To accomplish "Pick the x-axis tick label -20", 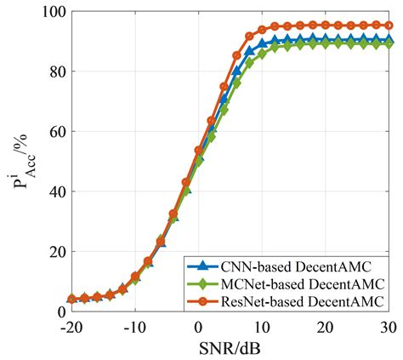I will coord(71,327).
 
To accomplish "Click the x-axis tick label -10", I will coord(134,327).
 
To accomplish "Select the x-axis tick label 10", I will coord(263,327).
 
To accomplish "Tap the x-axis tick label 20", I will coord(326,327).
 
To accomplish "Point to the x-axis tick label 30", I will coord(389,327).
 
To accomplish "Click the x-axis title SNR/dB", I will coord(230,348).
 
